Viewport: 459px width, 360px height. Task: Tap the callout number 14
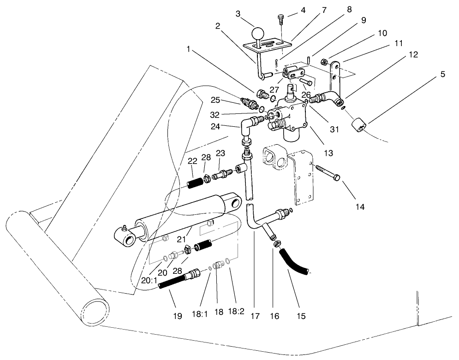click(x=360, y=207)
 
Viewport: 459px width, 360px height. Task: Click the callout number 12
click(x=413, y=54)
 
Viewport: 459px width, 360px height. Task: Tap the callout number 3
click(x=238, y=14)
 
